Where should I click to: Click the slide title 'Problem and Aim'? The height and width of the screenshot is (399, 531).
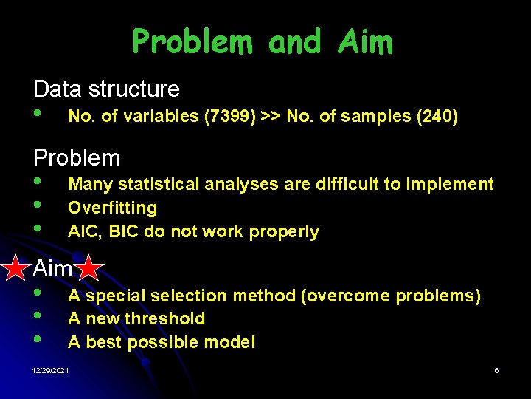[x=262, y=42]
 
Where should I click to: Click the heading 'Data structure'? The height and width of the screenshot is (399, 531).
[x=106, y=89]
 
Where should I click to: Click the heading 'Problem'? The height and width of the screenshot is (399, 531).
[x=77, y=157]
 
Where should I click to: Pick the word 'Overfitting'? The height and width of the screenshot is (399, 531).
[x=112, y=208]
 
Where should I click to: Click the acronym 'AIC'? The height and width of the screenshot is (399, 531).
[x=83, y=231]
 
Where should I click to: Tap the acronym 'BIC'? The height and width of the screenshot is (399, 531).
[x=124, y=231]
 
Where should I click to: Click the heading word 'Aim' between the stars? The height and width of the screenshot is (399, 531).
[x=53, y=269]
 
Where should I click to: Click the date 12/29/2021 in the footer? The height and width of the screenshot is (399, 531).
[x=52, y=370]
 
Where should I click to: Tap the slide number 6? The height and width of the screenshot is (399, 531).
[x=496, y=370]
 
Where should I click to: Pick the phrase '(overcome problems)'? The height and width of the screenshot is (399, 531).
[x=390, y=296]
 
